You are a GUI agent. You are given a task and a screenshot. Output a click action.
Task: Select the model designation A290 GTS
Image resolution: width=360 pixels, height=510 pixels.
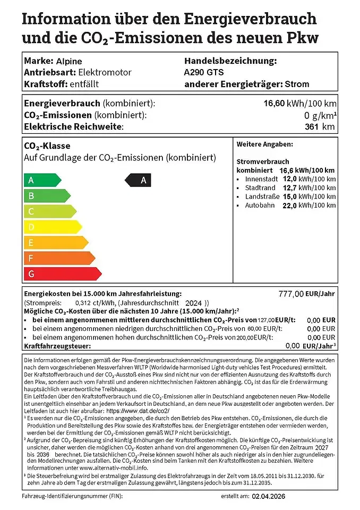(x=204, y=72)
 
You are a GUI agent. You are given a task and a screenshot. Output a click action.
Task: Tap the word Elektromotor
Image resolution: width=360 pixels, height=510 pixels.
(x=105, y=72)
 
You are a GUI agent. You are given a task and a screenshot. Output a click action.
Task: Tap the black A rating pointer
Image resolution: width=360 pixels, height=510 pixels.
(x=139, y=180)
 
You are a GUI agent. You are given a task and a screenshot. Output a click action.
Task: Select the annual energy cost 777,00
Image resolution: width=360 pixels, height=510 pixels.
(x=292, y=294)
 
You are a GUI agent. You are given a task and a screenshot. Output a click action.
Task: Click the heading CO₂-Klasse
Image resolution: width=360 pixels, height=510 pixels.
(x=47, y=146)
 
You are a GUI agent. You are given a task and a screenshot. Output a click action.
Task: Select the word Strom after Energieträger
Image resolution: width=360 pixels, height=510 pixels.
(x=297, y=84)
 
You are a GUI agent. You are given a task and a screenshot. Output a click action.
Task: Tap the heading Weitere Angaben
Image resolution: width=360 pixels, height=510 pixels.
(x=264, y=144)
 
